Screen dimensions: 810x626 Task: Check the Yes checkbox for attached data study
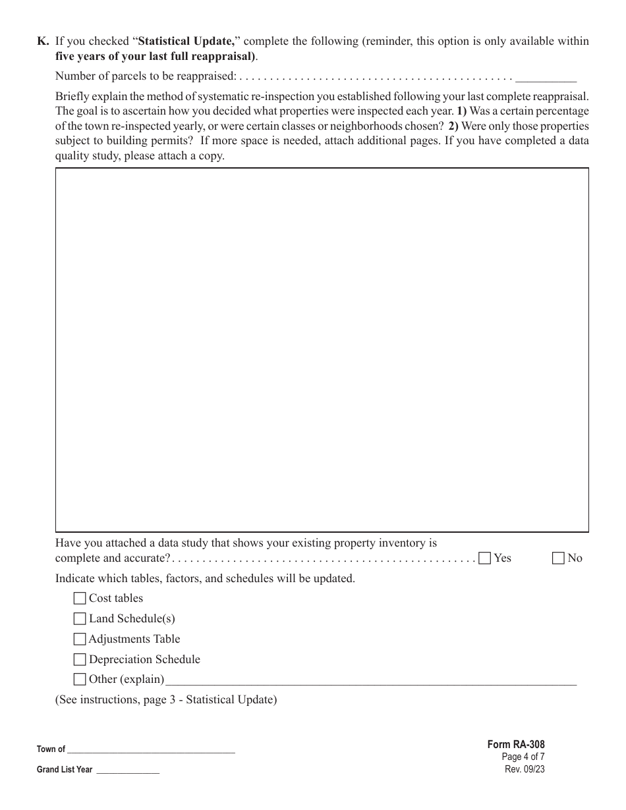pyautogui.click(x=485, y=558)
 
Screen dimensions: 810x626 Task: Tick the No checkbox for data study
pyautogui.click(x=558, y=558)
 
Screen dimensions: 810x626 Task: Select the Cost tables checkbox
pyautogui.click(x=80, y=599)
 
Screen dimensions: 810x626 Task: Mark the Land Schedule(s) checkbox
pyautogui.click(x=80, y=619)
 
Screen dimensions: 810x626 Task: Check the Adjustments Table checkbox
pyautogui.click(x=80, y=639)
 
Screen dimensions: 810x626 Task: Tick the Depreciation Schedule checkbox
pyautogui.click(x=80, y=660)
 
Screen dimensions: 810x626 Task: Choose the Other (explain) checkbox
pyautogui.click(x=80, y=680)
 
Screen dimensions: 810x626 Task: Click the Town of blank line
pyautogui.click(x=151, y=749)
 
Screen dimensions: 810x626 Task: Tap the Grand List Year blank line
pyautogui.click(x=128, y=770)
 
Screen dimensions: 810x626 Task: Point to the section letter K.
pyautogui.click(x=43, y=41)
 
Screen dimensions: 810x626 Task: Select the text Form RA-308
pyautogui.click(x=516, y=745)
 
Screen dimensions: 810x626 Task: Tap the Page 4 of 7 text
pyautogui.click(x=523, y=757)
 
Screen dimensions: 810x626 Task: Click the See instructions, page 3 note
pyautogui.click(x=166, y=699)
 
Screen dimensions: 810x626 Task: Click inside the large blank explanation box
pyautogui.click(x=322, y=349)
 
